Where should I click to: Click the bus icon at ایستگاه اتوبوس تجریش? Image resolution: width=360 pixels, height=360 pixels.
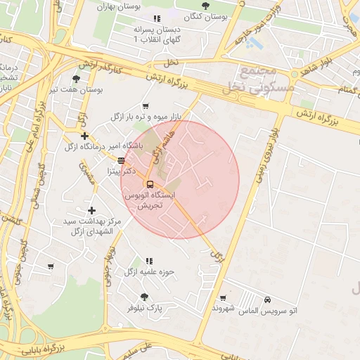pos(149,185)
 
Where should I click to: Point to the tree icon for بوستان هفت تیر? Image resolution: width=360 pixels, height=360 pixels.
pos(77,79)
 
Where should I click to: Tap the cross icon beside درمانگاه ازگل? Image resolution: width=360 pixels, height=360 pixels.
pos(84,136)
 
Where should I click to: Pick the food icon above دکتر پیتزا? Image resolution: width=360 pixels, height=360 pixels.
pos(121,160)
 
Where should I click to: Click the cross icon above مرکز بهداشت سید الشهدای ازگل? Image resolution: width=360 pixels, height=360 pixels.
pos(91,210)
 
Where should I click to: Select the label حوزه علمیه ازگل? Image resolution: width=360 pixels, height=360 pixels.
pos(149,271)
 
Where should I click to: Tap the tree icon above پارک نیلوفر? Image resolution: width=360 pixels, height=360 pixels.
pos(144,297)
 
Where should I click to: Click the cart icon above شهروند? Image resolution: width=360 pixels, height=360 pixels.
pos(223,298)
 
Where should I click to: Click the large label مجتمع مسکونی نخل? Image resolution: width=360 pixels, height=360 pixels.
pos(251,80)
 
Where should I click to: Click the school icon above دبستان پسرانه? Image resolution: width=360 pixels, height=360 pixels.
pos(156,19)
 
